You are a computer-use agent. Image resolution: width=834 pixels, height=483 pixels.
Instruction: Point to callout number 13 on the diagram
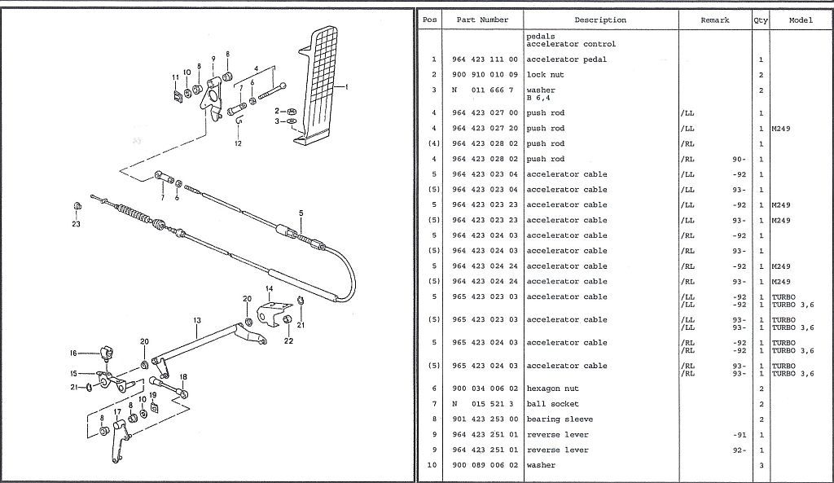[x=196, y=321]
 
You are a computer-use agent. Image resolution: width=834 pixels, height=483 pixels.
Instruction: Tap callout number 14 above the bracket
[x=268, y=289]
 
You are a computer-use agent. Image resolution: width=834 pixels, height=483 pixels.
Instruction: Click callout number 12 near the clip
[x=238, y=144]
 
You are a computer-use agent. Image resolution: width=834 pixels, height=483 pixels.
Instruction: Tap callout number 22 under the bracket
[x=288, y=340]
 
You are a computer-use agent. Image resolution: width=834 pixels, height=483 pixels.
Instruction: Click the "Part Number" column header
[x=482, y=20]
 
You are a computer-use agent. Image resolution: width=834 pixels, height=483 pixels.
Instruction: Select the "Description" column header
[x=599, y=20]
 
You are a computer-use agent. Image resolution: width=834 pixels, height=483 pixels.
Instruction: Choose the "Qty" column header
[x=761, y=20]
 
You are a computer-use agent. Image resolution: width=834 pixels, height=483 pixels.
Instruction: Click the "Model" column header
[x=801, y=20]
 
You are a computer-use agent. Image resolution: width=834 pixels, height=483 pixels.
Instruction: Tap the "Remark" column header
[x=714, y=20]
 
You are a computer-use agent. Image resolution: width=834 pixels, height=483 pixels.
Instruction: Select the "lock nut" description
[x=546, y=75]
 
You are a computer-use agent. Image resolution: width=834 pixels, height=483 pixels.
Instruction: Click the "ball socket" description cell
[x=552, y=404]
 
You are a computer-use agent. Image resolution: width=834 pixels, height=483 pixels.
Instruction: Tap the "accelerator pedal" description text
[x=566, y=59]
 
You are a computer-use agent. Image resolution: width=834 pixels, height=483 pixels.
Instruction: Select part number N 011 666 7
[x=482, y=90]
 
